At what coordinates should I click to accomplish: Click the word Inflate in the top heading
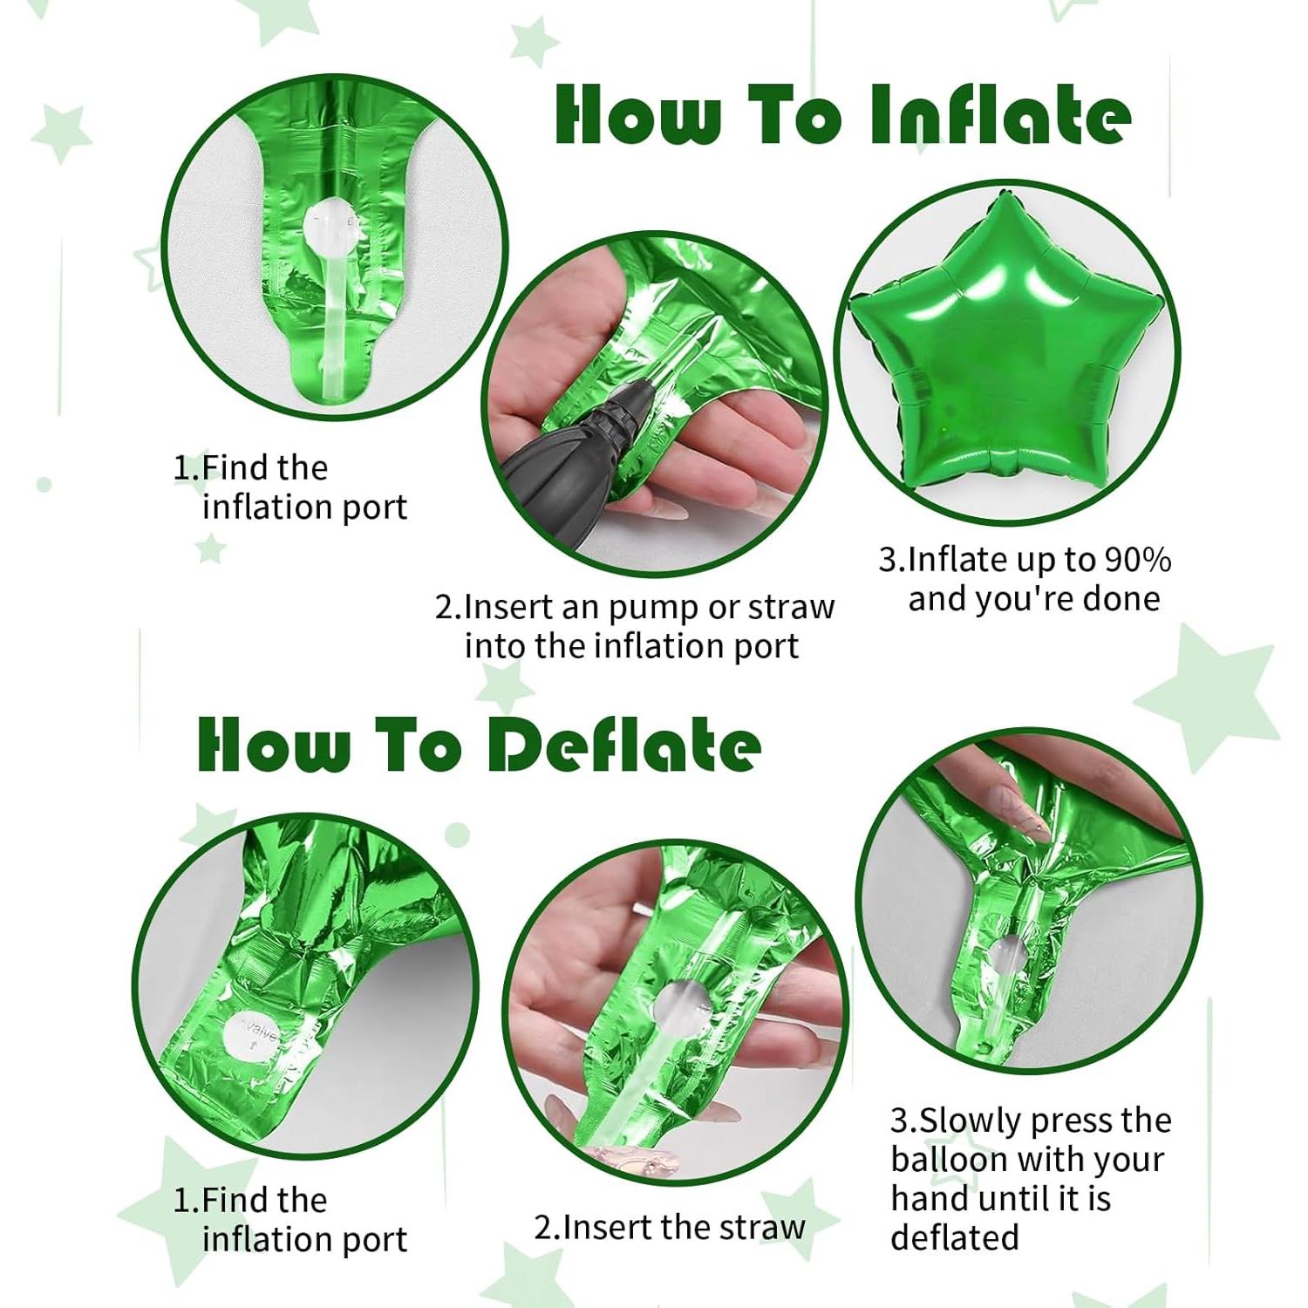click(999, 115)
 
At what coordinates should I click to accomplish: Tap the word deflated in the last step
click(954, 1237)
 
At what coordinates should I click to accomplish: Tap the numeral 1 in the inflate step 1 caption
click(181, 468)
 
